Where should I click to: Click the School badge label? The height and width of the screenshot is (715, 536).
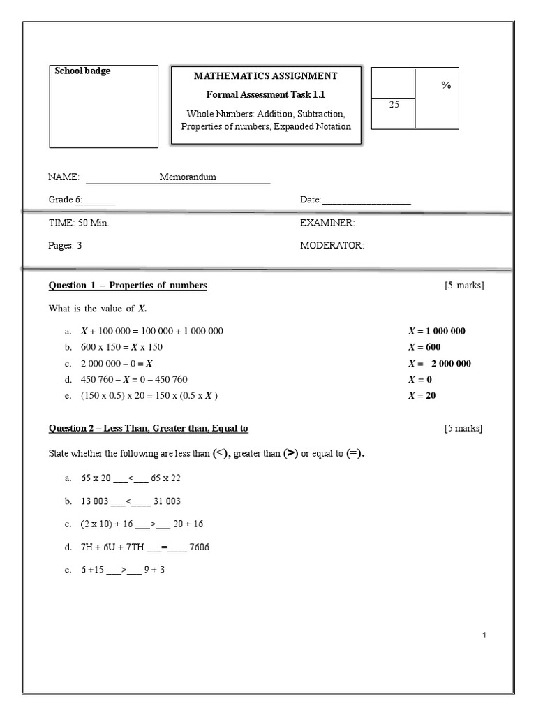coord(83,71)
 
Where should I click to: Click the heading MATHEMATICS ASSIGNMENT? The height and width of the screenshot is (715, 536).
coord(265,76)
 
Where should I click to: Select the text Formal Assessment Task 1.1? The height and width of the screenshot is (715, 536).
coord(265,94)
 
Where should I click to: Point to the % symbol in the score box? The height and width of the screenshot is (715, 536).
coord(446,85)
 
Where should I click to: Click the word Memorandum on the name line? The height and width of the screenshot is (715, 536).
coord(188,177)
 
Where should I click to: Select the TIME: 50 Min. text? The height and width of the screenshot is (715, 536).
coord(78,223)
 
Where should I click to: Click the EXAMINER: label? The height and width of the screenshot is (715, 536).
coord(327,223)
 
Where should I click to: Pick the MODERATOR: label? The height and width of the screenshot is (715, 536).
coord(332,246)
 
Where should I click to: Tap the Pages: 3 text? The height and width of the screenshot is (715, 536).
coord(65,246)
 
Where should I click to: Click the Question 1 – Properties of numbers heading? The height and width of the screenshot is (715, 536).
coord(128,286)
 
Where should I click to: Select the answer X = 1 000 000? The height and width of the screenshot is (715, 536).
coord(436,331)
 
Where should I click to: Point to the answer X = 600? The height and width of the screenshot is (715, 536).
coord(424,347)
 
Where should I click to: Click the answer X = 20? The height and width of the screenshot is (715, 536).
coord(422,395)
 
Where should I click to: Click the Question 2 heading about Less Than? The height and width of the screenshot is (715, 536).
coord(148,428)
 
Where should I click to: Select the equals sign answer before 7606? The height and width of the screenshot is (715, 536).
coord(164,547)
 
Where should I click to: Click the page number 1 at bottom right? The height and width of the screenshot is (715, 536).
coord(484,635)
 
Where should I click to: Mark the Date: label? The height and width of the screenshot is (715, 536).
coord(310,200)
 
